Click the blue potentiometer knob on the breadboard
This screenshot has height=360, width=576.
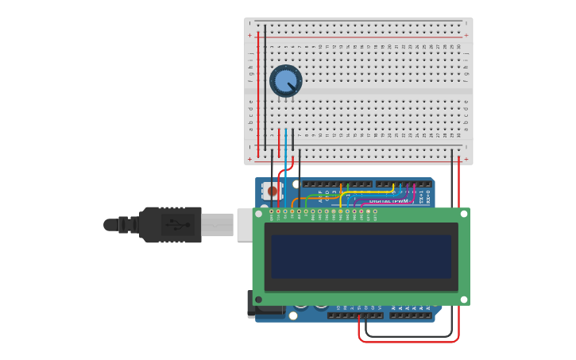286,81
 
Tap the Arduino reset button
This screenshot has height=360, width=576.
273,191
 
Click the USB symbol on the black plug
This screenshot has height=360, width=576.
179,225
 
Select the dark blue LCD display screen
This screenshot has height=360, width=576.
361,256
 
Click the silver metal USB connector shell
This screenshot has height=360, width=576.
217,225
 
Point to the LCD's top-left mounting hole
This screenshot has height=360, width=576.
258,214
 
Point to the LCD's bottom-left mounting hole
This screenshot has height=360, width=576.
258,300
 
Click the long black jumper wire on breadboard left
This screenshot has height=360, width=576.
265,87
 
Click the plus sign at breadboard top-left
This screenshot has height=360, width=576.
249,35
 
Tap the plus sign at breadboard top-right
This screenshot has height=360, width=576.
466,35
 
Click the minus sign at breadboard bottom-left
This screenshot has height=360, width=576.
249,146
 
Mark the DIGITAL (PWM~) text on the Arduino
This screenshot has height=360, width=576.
389,201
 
